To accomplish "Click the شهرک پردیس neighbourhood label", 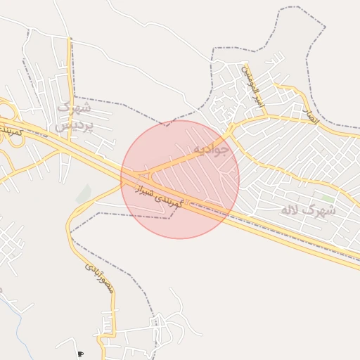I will coord(73,117).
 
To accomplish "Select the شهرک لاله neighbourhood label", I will coord(308,210).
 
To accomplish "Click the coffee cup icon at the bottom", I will coord(80,354).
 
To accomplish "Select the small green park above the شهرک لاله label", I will coord(323,198).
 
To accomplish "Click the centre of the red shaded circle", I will coord(180,179).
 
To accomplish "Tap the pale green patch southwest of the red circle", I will coord(84,193).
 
